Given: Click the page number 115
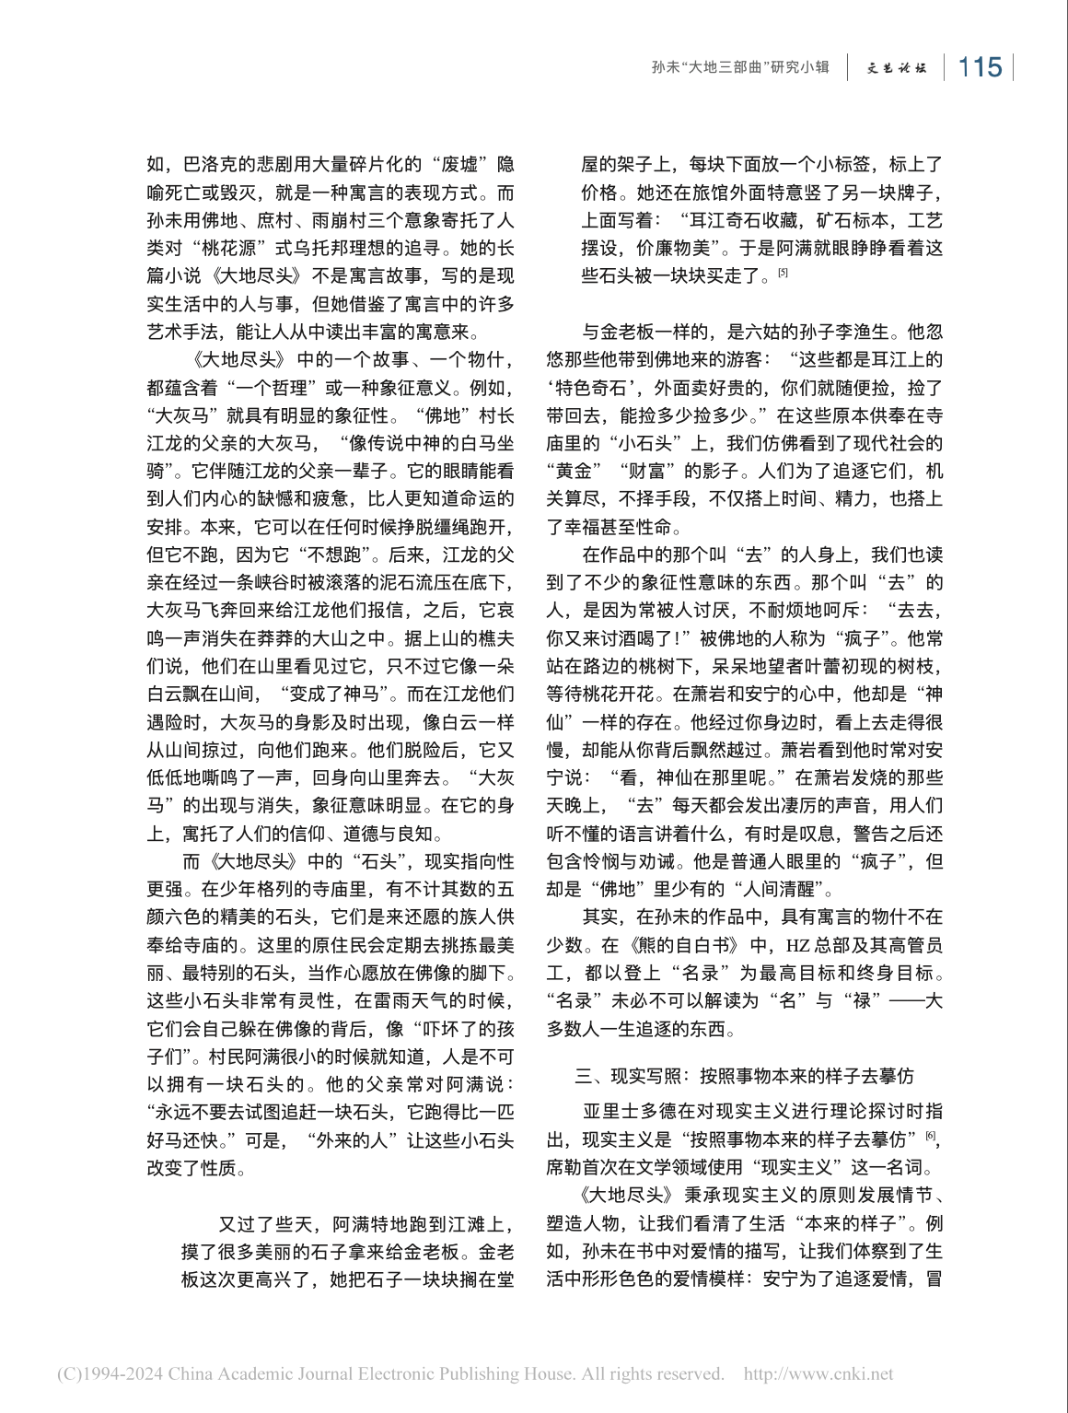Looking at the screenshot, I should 980,67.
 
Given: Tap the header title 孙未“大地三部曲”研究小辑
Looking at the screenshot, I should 740,67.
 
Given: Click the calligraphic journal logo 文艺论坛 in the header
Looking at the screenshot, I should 896,68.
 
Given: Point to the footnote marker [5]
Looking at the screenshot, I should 783,273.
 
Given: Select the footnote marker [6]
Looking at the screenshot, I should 932,1137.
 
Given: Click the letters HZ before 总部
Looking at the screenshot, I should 797,945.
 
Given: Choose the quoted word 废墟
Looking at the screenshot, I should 459,165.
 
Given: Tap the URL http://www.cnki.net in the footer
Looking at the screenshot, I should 818,1374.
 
